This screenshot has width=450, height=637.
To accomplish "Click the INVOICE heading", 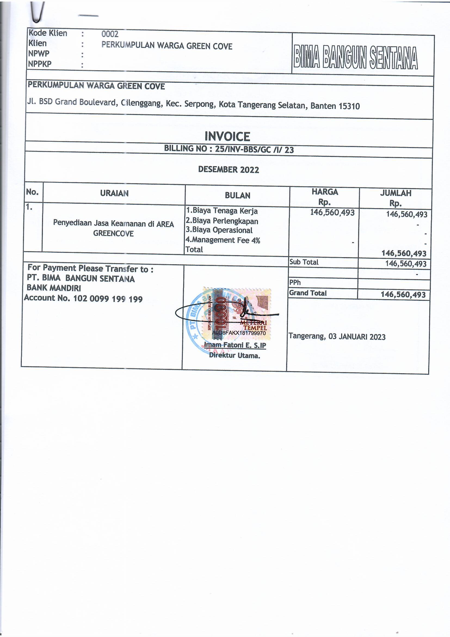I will pyautogui.click(x=227, y=136).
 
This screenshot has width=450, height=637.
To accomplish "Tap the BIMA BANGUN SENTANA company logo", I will pyautogui.click(x=356, y=57).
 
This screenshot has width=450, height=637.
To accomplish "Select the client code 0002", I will pyautogui.click(x=110, y=34).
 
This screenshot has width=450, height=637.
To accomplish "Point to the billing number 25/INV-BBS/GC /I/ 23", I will pyautogui.click(x=254, y=150).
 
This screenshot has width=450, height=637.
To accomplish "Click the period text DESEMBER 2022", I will pyautogui.click(x=229, y=169).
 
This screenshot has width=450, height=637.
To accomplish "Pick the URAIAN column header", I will pyautogui.click(x=114, y=193).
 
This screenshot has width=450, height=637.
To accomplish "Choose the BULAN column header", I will pyautogui.click(x=238, y=196).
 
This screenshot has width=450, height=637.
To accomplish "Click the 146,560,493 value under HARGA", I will pyautogui.click(x=332, y=213).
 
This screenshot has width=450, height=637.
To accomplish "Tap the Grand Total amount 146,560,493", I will pyautogui.click(x=403, y=294).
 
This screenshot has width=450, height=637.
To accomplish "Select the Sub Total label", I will pyautogui.click(x=304, y=262).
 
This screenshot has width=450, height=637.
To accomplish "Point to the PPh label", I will pyautogui.click(x=295, y=283).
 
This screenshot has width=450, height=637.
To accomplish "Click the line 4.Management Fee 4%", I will pyautogui.click(x=223, y=240).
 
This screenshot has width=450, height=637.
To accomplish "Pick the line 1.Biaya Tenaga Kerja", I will pyautogui.click(x=222, y=211).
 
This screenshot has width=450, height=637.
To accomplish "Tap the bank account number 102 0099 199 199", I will pyautogui.click(x=108, y=299).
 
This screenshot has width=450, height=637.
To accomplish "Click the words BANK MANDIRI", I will pyautogui.click(x=54, y=288).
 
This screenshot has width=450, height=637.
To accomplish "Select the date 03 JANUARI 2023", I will pyautogui.click(x=357, y=337).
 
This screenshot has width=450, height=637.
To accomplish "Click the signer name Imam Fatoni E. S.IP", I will pyautogui.click(x=235, y=345).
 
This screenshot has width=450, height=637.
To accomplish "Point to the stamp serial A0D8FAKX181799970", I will pyautogui.click(x=239, y=333).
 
